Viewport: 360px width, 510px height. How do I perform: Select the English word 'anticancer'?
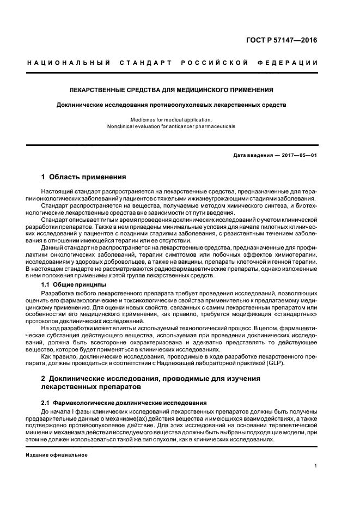(182, 126)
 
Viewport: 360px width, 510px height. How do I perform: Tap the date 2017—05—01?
(299, 155)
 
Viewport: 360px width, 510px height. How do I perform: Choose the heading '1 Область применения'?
(84, 177)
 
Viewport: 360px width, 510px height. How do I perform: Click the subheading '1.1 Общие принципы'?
(74, 285)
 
